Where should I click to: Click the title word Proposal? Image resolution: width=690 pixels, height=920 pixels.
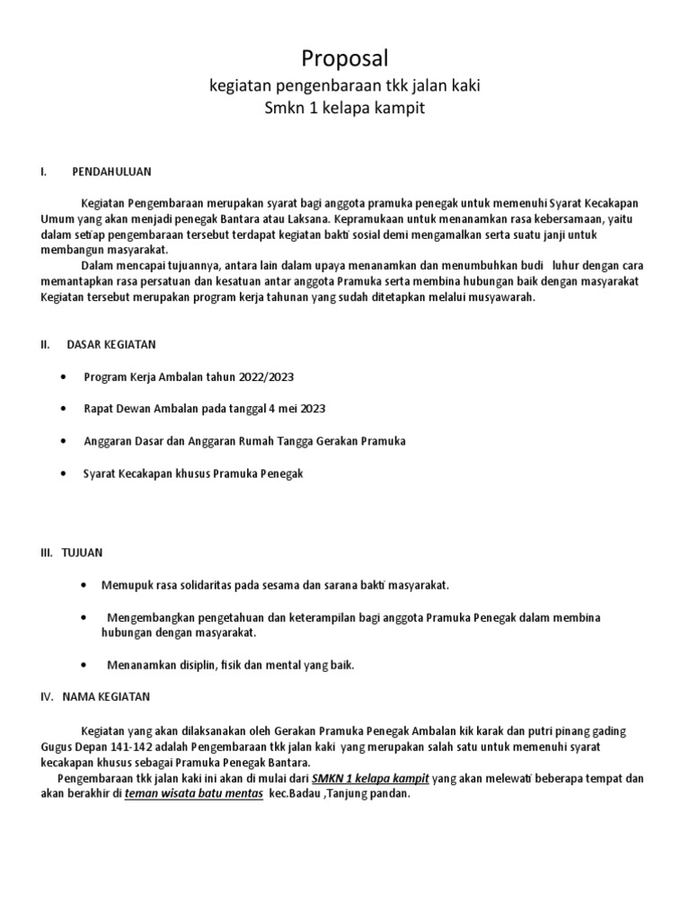point(344,59)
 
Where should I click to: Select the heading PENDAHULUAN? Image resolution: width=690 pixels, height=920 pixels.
point(111,171)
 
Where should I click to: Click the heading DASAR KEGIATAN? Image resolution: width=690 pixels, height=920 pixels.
point(111,343)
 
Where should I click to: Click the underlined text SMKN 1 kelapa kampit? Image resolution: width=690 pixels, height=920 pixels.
point(370,778)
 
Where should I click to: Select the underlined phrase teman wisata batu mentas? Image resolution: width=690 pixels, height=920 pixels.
point(194,794)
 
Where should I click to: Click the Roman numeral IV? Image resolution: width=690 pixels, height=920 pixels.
point(46,696)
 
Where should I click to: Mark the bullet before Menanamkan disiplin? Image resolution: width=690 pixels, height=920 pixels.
point(84,665)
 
